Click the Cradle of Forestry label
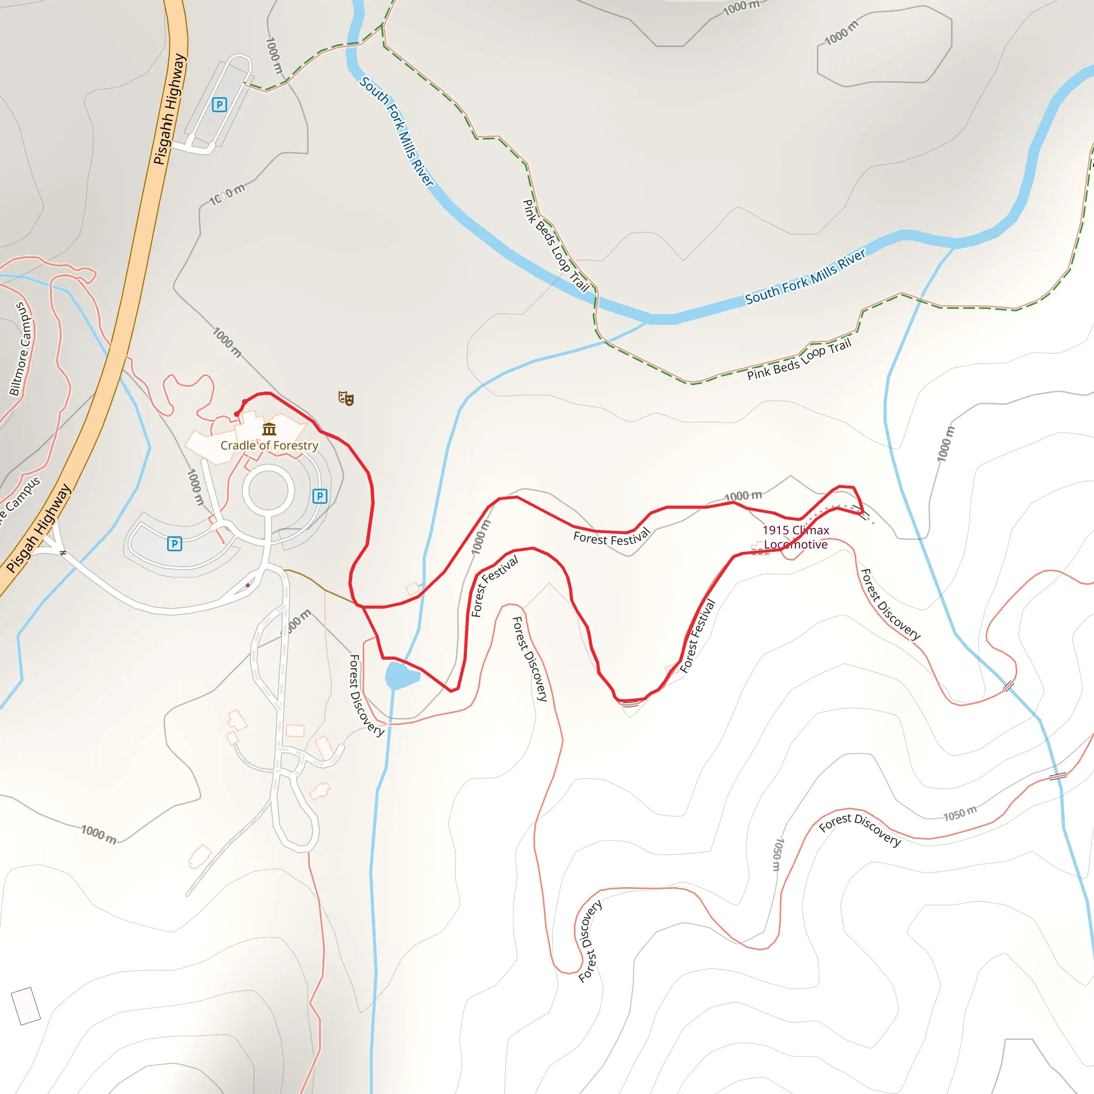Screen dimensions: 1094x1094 click(x=269, y=446)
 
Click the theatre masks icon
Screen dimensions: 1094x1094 click(x=346, y=398)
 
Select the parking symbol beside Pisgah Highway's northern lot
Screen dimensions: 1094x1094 click(x=219, y=105)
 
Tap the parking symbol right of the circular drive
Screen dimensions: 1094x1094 click(x=320, y=497)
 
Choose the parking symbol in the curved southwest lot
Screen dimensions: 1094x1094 click(x=174, y=544)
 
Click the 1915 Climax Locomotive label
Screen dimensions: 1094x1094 click(x=795, y=537)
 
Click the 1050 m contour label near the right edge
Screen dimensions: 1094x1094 click(x=960, y=814)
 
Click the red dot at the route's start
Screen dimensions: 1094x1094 click(x=237, y=415)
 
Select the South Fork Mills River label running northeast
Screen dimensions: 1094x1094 click(x=804, y=277)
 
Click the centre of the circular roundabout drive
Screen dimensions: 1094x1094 click(x=268, y=490)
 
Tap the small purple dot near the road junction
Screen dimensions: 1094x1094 click(x=248, y=585)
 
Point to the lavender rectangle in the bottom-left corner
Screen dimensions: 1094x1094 click(x=26, y=1006)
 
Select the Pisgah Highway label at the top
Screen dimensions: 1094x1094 click(x=170, y=110)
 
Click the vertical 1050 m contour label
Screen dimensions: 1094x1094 click(x=778, y=855)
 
